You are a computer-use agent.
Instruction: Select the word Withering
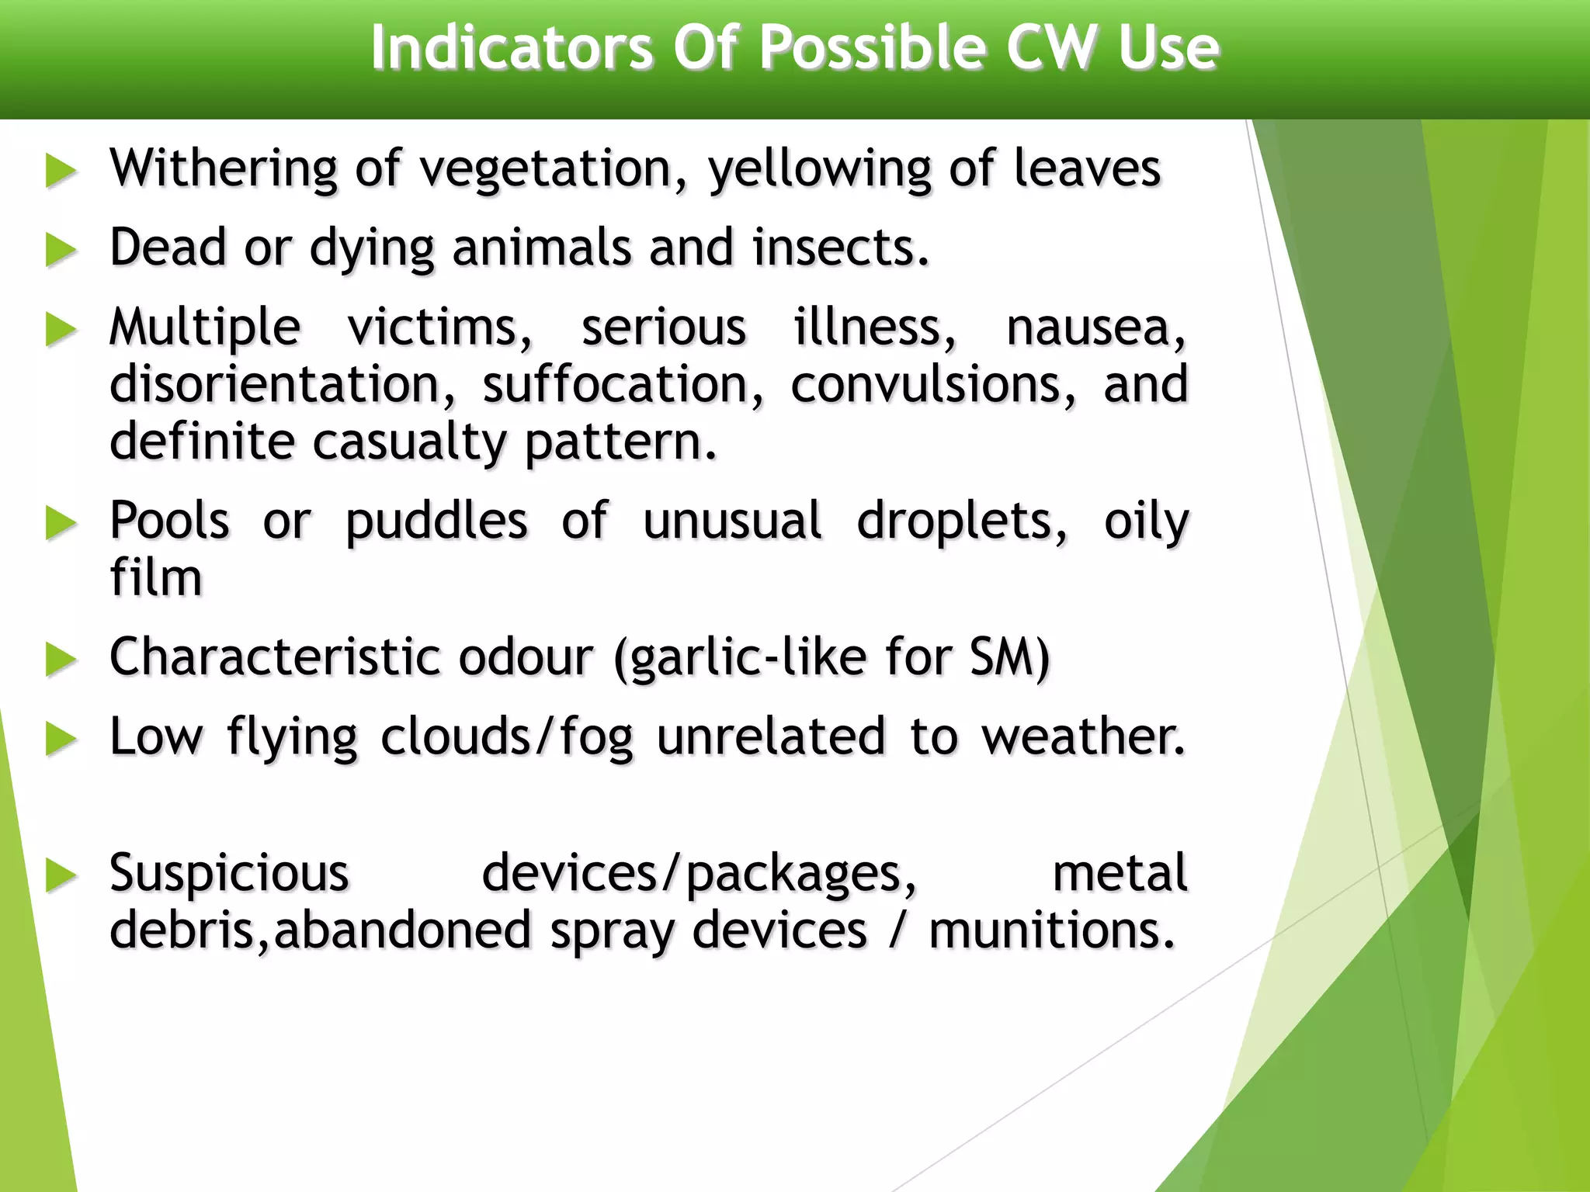click(x=224, y=169)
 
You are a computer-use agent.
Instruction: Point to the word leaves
click(x=1087, y=169)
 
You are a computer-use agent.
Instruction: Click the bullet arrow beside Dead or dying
click(x=61, y=251)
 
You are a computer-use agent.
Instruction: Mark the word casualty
click(x=409, y=442)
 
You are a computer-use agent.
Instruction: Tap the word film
click(x=156, y=578)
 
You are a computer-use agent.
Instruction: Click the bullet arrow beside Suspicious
click(x=61, y=876)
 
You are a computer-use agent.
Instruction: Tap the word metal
click(x=1120, y=874)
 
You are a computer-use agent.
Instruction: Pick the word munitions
click(x=1052, y=931)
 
